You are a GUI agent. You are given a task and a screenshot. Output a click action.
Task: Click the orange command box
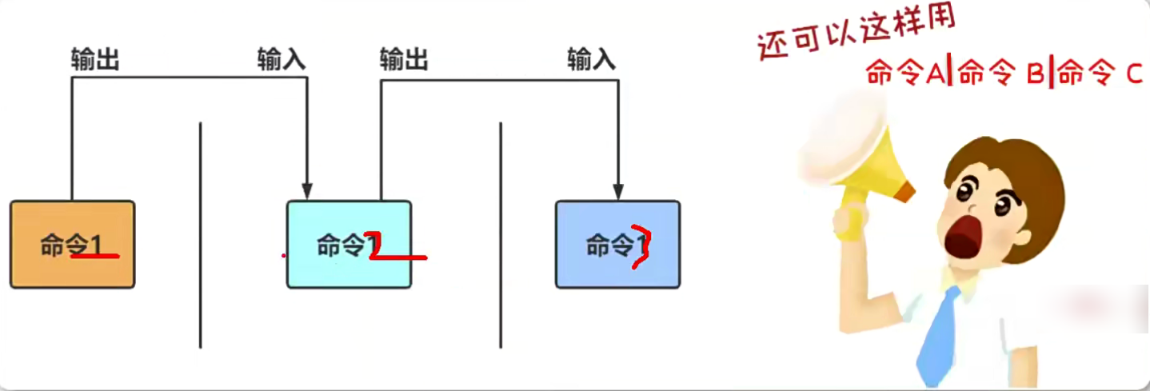click(x=72, y=244)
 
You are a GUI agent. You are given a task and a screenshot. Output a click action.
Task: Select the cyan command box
click(x=349, y=244)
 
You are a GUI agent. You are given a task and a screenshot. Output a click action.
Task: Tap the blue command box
click(x=617, y=244)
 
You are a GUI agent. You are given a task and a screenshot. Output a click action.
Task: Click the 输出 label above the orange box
click(x=94, y=60)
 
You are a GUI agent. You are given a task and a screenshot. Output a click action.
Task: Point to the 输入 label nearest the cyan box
click(x=282, y=60)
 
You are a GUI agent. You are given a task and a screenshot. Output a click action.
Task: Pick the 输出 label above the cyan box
click(x=404, y=60)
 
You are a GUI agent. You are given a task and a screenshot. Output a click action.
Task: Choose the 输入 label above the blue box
click(x=592, y=60)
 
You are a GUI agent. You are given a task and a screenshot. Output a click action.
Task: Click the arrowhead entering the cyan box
click(x=307, y=192)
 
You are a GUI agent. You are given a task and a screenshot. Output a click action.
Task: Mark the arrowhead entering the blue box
click(x=617, y=192)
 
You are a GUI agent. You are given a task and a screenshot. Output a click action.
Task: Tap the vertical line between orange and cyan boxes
click(x=200, y=236)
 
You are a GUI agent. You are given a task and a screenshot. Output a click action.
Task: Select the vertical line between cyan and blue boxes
click(x=501, y=236)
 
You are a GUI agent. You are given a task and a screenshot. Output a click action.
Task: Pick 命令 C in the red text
click(x=1100, y=74)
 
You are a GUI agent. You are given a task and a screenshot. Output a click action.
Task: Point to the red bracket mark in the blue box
click(x=639, y=246)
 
